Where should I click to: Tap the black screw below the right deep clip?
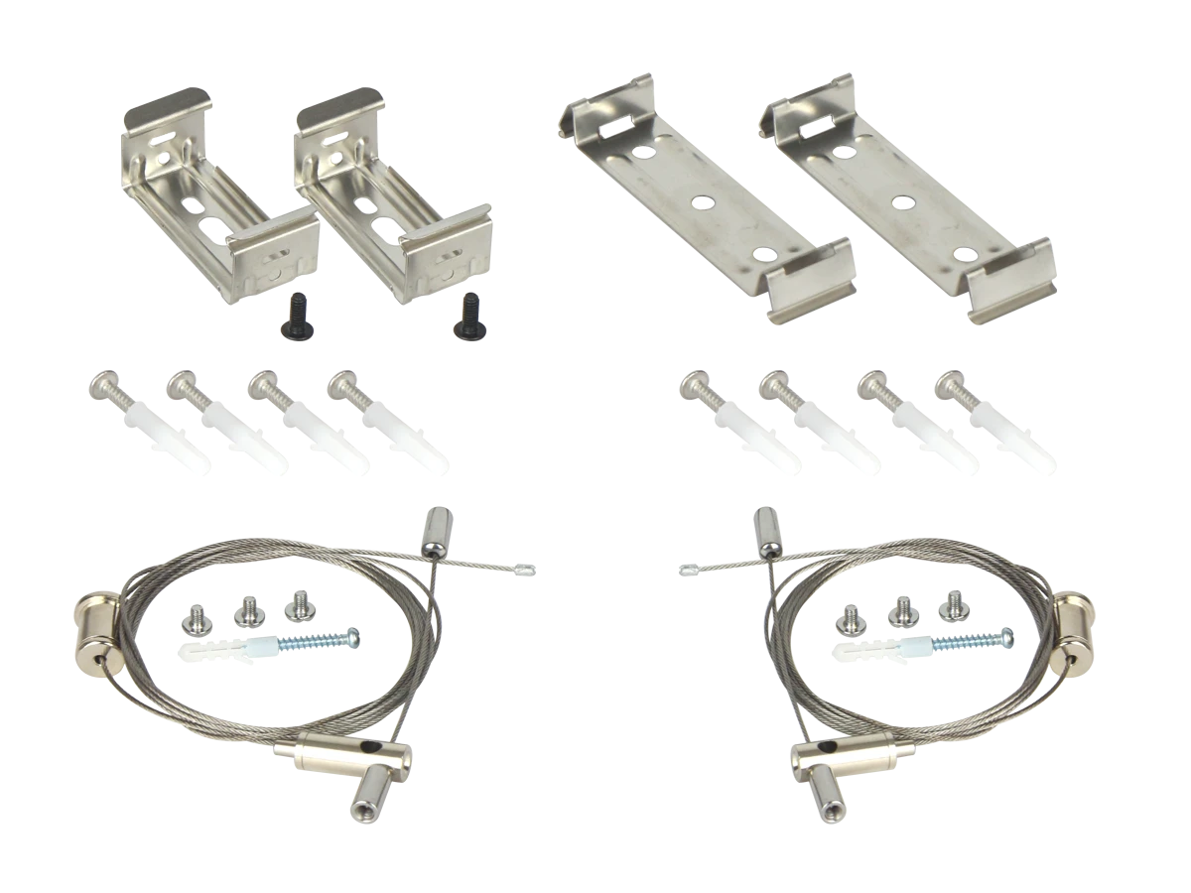coord(471,315)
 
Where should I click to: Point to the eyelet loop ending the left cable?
coord(525,571)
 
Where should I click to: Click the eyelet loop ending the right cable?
coord(688,571)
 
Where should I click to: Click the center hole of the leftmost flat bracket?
coord(704,202)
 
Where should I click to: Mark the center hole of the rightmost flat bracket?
coord(901,202)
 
